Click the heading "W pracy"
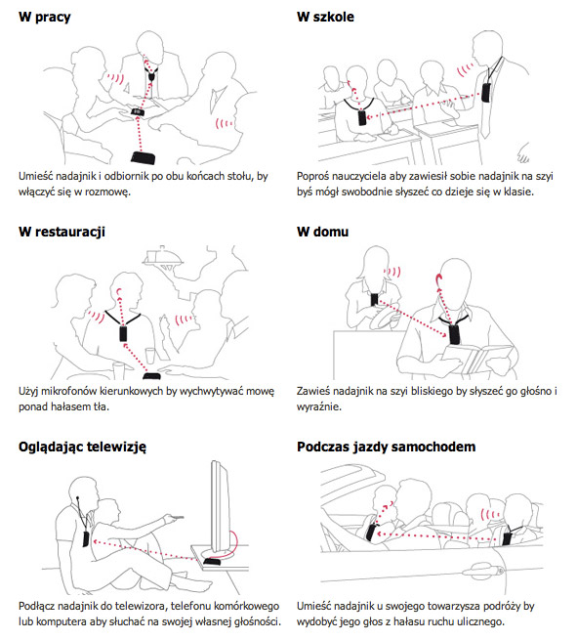coord(45,18)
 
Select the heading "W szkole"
coord(325,17)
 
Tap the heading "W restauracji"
coord(62,232)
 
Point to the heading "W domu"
coord(322,232)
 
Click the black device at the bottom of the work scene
coord(143,157)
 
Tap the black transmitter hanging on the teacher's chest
coord(486,93)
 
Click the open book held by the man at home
coord(477,359)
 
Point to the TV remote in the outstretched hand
coord(178,517)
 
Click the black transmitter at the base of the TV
coord(212,562)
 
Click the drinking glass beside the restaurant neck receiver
coord(150,356)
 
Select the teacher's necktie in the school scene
coord(485,116)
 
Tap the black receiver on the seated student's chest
coord(362,117)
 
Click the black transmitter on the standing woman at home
coord(375,300)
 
